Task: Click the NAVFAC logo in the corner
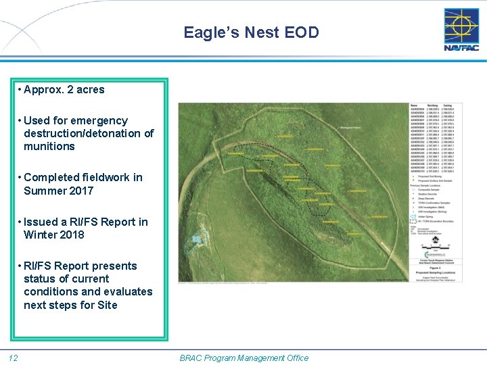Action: tap(461, 30)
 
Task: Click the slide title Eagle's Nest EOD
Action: tap(251, 32)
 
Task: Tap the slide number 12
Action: tap(13, 358)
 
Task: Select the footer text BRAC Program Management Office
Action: tap(243, 358)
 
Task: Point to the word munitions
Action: tap(49, 146)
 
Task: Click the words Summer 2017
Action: tap(58, 191)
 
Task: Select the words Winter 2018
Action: tap(54, 235)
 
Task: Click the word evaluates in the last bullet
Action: tap(129, 291)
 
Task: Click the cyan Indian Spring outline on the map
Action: tap(197, 239)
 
